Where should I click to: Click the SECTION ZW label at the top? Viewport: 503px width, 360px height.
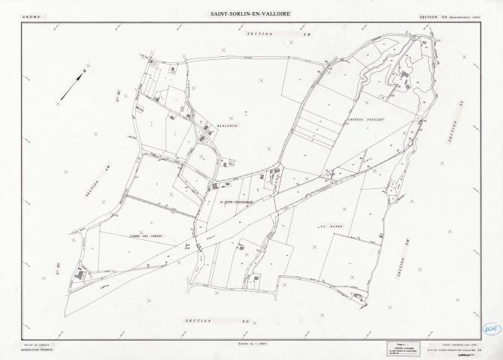[265, 34]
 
